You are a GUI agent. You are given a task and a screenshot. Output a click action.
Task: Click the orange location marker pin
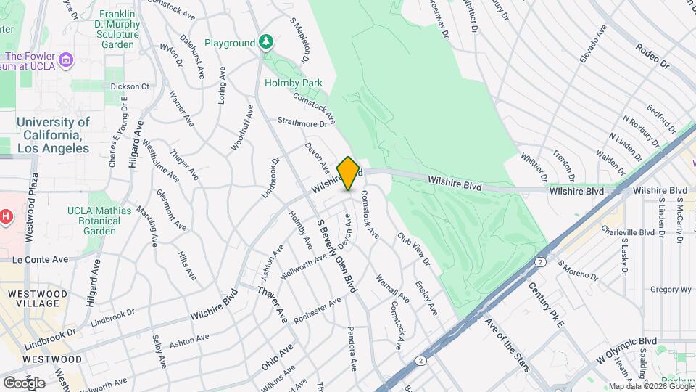coord(348,173)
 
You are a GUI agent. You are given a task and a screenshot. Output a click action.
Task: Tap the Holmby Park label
coord(293,83)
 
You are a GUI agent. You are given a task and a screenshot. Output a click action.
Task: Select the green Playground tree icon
coord(267,43)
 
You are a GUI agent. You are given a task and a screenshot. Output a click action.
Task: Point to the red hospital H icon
coord(6,216)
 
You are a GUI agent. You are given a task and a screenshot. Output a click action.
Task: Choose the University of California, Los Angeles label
coord(53,135)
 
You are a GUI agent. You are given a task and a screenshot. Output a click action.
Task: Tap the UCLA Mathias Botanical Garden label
coord(100,221)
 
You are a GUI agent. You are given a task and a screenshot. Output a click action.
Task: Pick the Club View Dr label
coord(413,248)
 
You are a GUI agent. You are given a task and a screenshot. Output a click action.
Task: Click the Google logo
coord(23,383)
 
